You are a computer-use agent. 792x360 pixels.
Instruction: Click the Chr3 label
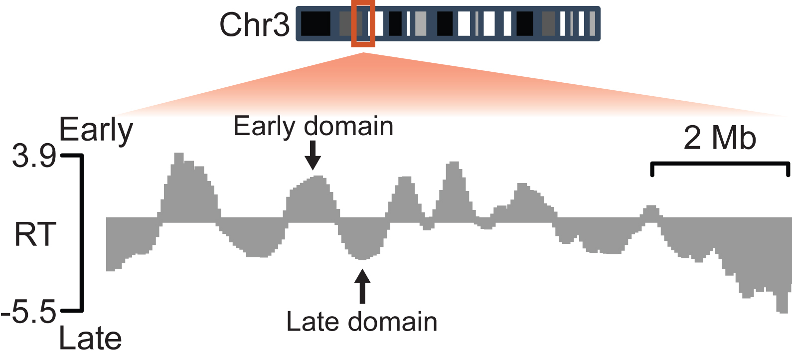tap(254, 24)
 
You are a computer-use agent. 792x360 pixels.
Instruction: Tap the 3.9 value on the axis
tap(34, 156)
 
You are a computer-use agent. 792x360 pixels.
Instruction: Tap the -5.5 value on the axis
tap(29, 312)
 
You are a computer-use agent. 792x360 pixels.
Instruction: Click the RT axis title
tap(35, 235)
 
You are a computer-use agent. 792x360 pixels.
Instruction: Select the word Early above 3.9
tap(96, 130)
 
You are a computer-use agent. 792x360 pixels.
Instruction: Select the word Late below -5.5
tap(90, 339)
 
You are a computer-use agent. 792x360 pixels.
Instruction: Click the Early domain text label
tap(313, 126)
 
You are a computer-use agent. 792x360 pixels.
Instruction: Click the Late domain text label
tap(361, 322)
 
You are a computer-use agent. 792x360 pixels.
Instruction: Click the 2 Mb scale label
tap(719, 138)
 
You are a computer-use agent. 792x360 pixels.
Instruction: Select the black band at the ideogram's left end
tap(316, 23)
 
